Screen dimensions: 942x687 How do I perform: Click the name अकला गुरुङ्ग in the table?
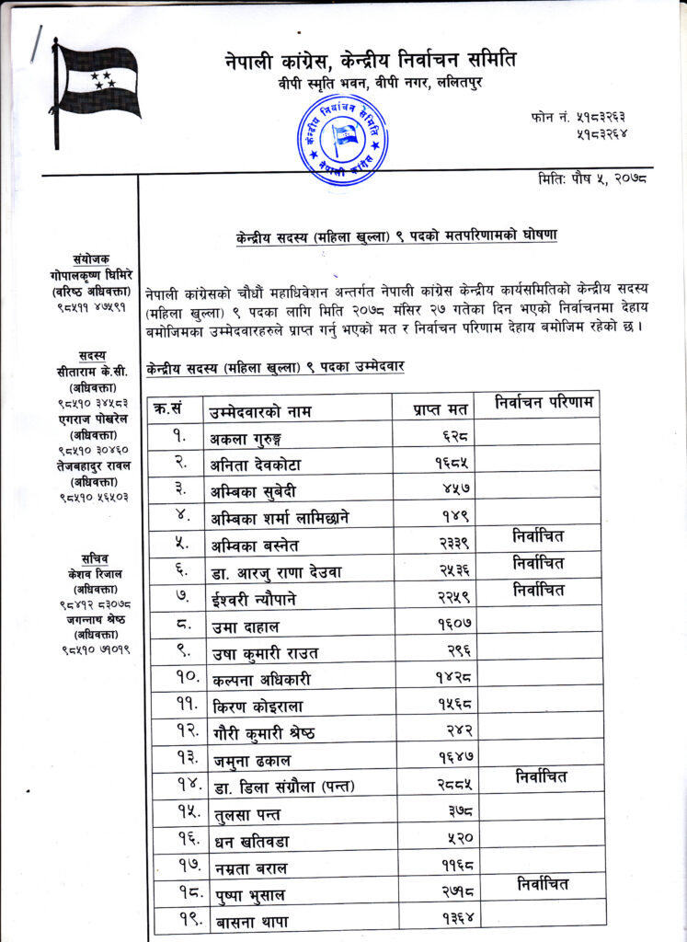[247, 439]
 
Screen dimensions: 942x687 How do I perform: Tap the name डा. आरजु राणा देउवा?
[275, 572]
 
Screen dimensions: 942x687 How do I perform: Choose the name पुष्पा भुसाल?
[249, 892]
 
